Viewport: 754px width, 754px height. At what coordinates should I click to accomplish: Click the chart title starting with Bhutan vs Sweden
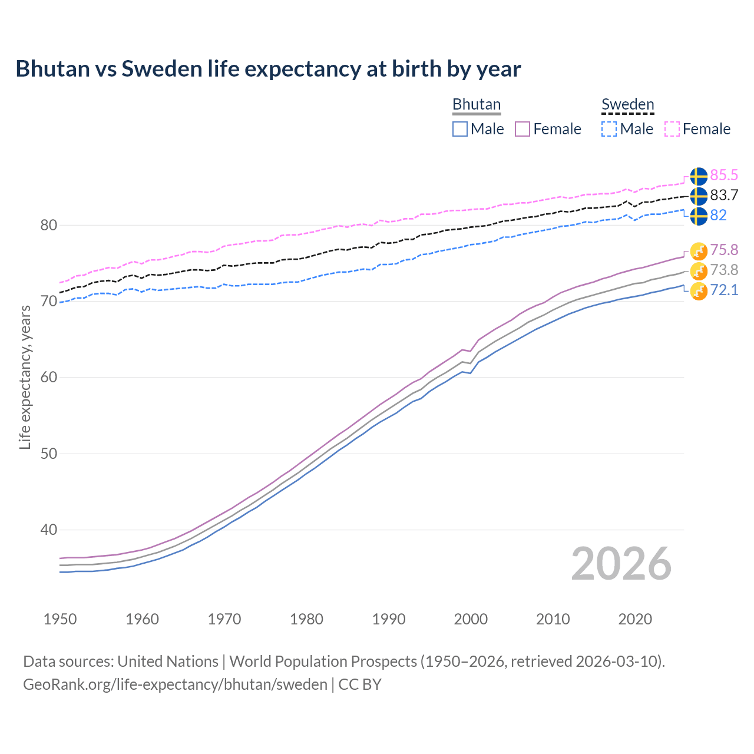point(268,69)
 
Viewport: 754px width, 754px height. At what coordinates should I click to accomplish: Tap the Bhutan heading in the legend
point(476,104)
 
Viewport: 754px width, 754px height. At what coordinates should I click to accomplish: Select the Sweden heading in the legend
point(627,104)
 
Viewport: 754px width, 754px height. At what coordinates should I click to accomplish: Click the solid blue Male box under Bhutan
point(460,129)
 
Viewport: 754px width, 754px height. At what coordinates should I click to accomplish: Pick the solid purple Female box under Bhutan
point(523,129)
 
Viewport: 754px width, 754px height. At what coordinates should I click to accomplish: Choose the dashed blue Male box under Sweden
point(609,129)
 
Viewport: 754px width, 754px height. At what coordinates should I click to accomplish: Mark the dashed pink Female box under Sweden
point(672,129)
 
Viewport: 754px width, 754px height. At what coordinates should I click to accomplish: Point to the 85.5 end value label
point(724,175)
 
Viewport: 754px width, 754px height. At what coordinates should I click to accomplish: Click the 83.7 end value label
point(724,195)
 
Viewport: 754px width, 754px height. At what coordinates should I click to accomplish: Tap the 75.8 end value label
point(724,250)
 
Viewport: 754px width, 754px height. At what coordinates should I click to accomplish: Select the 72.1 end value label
point(724,290)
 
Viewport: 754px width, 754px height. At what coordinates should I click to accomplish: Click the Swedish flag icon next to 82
point(699,216)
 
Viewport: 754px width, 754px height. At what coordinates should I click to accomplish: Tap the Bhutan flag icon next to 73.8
point(699,271)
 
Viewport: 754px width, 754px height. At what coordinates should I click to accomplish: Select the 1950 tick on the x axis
point(60,619)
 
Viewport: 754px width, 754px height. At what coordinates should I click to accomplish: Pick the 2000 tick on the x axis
point(471,619)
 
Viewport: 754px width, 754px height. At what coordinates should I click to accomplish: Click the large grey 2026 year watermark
point(621,564)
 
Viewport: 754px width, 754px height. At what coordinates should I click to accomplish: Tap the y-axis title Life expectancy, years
point(25,377)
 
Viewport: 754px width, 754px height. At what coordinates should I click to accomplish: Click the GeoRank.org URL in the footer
point(175,684)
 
